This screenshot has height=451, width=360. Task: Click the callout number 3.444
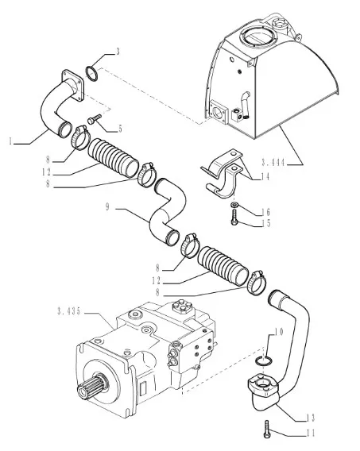(x=273, y=163)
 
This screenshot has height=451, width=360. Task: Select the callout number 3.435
(x=69, y=311)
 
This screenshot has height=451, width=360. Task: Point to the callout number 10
(x=278, y=332)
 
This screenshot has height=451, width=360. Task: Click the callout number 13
(x=310, y=418)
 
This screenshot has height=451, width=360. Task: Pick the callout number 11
(x=310, y=433)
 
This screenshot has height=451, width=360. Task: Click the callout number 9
(x=107, y=206)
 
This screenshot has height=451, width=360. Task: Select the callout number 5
(x=120, y=129)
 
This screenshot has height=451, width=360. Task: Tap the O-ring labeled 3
(x=92, y=74)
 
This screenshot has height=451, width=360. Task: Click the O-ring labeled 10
(x=262, y=361)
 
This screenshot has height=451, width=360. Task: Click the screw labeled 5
(x=95, y=119)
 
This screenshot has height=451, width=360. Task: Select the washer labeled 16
(x=234, y=205)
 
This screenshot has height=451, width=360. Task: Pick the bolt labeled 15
(x=234, y=217)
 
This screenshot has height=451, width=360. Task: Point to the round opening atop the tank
(x=256, y=37)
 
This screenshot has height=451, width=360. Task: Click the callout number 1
(x=10, y=141)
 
